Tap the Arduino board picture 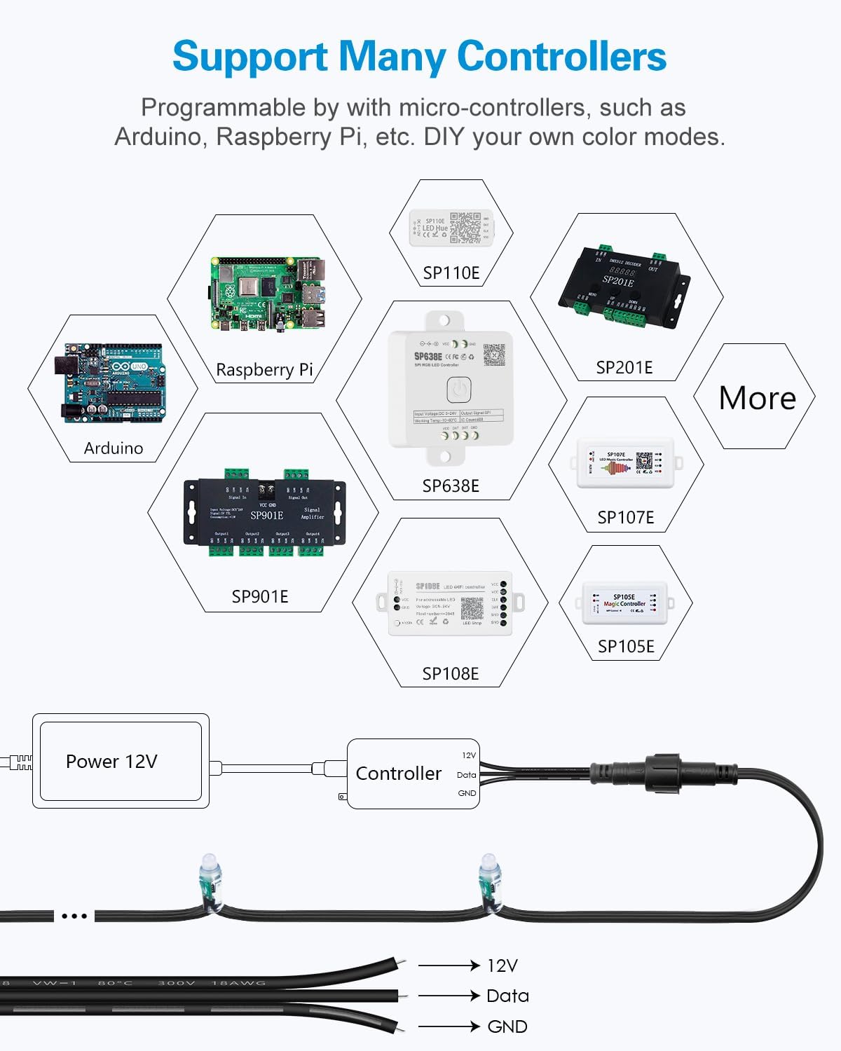tap(114, 383)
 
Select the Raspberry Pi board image tap(268, 294)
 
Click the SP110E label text tap(451, 273)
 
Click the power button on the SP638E tap(458, 389)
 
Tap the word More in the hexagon tap(757, 398)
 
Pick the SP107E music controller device tap(625, 463)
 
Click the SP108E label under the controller tap(450, 673)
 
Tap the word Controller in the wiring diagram tap(398, 774)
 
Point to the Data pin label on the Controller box tap(466, 775)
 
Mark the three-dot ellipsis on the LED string tap(74, 916)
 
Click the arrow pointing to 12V tap(449, 966)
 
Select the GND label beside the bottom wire tap(507, 1026)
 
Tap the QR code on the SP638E tap(494, 355)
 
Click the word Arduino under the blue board tap(114, 448)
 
